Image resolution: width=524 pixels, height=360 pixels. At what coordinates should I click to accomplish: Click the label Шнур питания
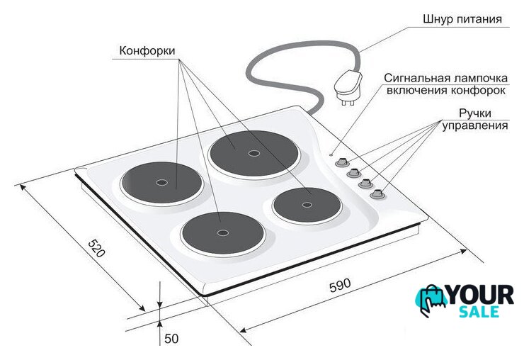click(462, 18)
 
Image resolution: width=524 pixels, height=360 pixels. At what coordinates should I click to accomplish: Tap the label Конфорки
click(147, 50)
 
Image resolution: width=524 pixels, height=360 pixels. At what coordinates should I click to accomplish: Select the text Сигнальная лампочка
click(446, 78)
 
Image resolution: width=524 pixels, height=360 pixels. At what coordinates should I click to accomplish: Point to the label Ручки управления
click(475, 119)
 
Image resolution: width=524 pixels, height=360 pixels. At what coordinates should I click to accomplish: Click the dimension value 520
click(96, 248)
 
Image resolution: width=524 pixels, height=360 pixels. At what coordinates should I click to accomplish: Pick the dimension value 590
click(340, 285)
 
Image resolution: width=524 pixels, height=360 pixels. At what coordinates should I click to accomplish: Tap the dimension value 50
click(171, 339)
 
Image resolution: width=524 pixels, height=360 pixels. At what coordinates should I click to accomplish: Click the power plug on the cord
click(348, 89)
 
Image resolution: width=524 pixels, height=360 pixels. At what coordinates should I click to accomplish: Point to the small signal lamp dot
click(331, 154)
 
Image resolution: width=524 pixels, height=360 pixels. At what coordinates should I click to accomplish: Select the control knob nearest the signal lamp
click(341, 162)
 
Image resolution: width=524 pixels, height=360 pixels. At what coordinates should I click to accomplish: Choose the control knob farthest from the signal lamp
click(377, 193)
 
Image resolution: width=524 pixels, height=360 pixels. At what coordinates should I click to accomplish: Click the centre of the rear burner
click(254, 153)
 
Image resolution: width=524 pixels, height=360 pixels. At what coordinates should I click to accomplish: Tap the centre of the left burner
click(162, 183)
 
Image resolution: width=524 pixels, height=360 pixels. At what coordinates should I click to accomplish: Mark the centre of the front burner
click(222, 233)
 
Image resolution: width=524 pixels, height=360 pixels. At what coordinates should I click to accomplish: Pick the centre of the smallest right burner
click(307, 205)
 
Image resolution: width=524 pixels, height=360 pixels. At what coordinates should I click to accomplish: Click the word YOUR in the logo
click(480, 295)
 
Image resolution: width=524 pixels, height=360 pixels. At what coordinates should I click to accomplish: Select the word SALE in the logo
click(479, 312)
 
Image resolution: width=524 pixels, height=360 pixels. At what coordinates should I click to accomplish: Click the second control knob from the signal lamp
click(353, 173)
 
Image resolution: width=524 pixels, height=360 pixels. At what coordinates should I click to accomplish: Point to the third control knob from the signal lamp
click(365, 184)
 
